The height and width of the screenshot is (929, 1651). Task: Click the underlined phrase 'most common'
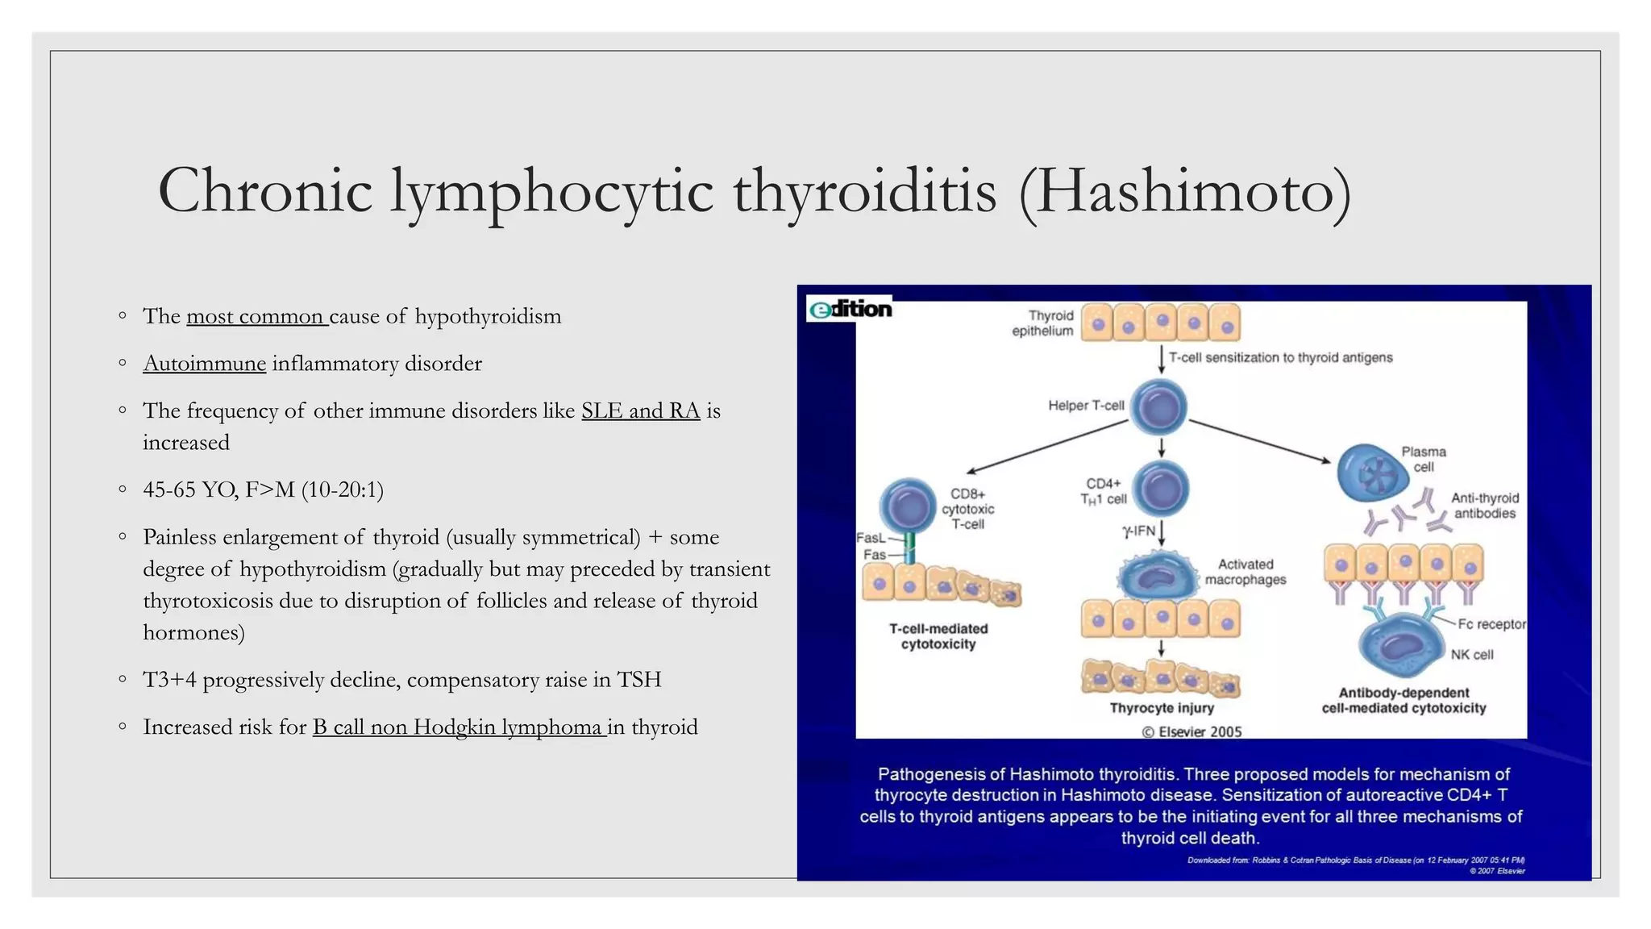point(256,316)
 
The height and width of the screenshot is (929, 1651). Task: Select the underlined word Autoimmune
point(204,364)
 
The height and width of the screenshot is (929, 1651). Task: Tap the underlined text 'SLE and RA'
point(640,411)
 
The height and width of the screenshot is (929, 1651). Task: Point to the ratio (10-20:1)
point(343,489)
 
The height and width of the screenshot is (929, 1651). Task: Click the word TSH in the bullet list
point(638,680)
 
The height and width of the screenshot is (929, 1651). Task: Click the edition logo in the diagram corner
point(850,309)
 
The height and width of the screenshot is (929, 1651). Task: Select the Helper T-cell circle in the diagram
point(1158,407)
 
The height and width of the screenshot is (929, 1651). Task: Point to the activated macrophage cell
point(1158,576)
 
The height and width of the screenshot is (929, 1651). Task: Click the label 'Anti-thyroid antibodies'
point(1484,506)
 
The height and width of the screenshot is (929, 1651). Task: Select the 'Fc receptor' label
point(1491,624)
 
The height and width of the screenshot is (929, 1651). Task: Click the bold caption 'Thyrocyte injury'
point(1161,708)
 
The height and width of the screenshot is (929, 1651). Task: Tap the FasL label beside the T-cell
point(870,538)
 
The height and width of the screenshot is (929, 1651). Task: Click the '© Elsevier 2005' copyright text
point(1191,731)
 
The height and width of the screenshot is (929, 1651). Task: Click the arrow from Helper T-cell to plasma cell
point(1259,441)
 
